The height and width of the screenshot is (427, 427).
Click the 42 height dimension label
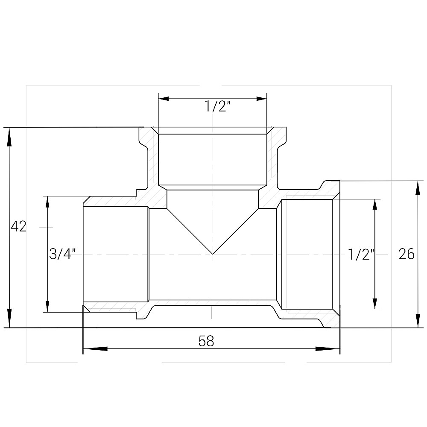coord(18,226)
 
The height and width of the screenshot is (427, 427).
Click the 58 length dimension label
coord(206,341)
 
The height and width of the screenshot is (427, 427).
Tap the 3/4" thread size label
coord(62,254)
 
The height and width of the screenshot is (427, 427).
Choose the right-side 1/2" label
coord(361,254)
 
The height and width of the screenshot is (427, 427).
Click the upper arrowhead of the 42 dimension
coord(9,137)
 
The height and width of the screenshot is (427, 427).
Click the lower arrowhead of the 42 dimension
coord(9,318)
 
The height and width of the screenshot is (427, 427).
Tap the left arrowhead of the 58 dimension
coord(95,349)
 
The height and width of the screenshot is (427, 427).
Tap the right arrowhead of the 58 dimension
coord(328,349)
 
